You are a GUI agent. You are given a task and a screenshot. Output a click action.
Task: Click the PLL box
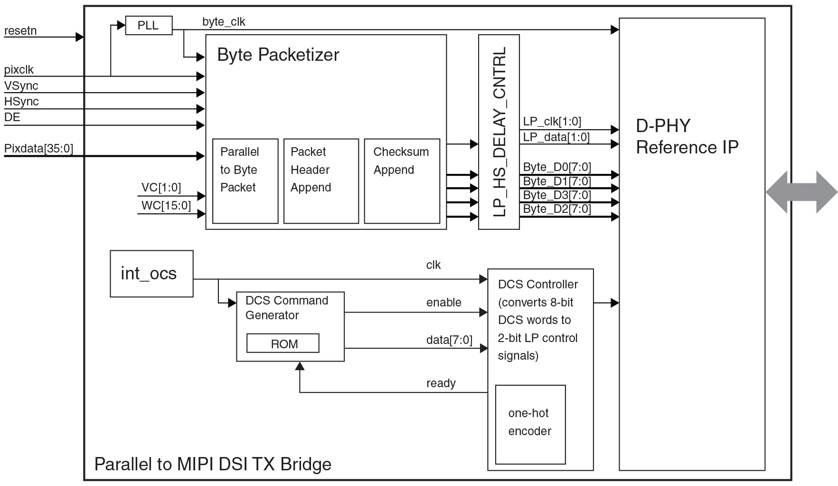point(148,26)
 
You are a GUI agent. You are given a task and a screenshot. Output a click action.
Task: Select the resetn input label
point(20,31)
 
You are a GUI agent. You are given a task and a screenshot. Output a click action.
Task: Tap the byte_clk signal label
point(224,22)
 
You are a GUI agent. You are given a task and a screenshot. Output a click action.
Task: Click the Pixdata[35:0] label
point(38,149)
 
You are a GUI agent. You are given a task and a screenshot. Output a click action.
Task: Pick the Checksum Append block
point(402,181)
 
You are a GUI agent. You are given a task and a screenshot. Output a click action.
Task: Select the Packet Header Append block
point(321,181)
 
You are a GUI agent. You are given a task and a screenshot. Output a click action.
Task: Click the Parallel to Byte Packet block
point(245,181)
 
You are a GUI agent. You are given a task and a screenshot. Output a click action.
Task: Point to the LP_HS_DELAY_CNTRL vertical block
point(499,132)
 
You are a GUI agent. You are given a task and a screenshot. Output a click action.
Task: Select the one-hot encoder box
point(530,424)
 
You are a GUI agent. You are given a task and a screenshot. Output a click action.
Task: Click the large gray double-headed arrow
point(801,192)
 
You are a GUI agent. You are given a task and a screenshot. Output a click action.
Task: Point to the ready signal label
point(441,383)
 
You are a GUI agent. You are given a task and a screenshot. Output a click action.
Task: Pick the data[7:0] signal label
point(449,340)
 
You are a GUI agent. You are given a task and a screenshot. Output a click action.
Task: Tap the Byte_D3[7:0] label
point(556,195)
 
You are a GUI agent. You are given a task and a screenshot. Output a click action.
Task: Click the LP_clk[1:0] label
point(552,122)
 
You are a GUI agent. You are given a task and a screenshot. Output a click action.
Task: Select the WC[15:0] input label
point(166,206)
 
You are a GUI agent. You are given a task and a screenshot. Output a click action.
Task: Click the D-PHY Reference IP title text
point(687,136)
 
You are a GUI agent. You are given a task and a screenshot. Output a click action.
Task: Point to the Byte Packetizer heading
point(278,55)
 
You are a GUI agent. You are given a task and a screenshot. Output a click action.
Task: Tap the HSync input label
point(21,102)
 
